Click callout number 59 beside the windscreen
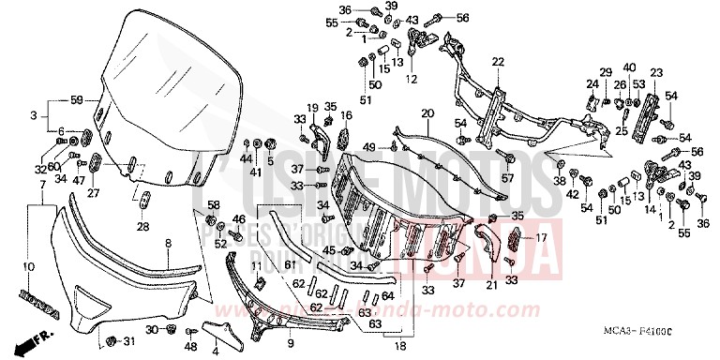77,98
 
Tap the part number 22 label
498,62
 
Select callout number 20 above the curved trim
427,113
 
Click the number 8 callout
168,243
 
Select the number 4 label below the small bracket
215,351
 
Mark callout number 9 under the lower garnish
289,330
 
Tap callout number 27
94,194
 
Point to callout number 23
655,72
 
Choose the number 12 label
411,80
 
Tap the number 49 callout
369,147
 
